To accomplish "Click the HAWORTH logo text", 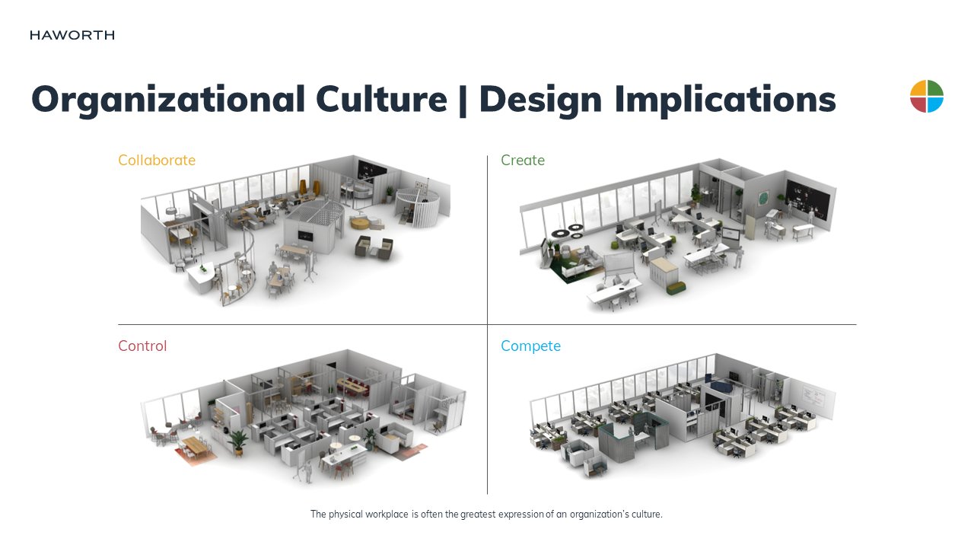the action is coord(72,35).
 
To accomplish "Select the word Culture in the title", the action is coord(381,99).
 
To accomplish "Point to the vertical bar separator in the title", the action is coord(463,100).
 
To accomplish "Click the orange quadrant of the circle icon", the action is coord(918,88).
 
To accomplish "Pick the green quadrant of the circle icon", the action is coord(935,88).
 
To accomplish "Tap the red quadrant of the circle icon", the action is coord(918,104).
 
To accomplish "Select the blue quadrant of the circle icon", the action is coord(935,104).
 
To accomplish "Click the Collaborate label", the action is coord(157,161).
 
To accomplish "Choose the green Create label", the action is coord(523,161).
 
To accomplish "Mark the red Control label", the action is coord(142,346).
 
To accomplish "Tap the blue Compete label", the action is coord(530,346).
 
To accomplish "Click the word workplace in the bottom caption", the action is coord(387,514).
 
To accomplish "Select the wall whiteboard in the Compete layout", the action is coord(813,397).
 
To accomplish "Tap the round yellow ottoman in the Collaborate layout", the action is coord(360,224).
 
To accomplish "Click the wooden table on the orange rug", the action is coord(196,448).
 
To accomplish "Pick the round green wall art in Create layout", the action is coord(763,199).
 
